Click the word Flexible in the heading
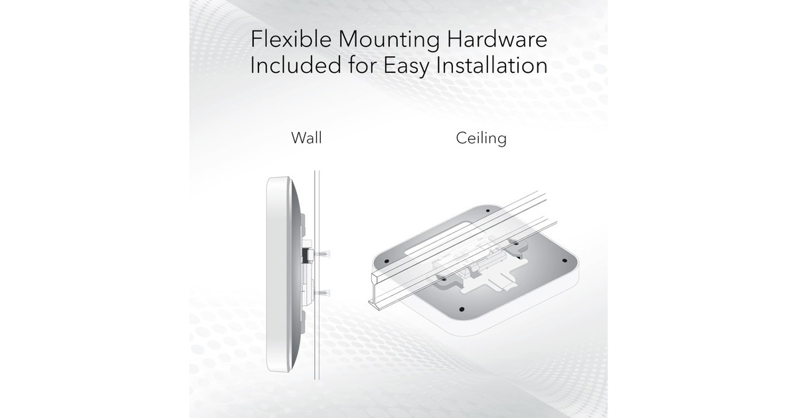291,38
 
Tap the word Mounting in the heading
389,40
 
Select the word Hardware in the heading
497,38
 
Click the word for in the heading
363,66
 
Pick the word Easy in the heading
406,67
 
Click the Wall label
306,138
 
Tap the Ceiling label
481,139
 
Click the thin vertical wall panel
317,275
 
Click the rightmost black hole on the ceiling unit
565,261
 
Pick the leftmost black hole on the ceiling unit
387,261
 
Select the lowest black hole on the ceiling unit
462,309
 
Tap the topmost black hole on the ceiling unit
487,211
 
